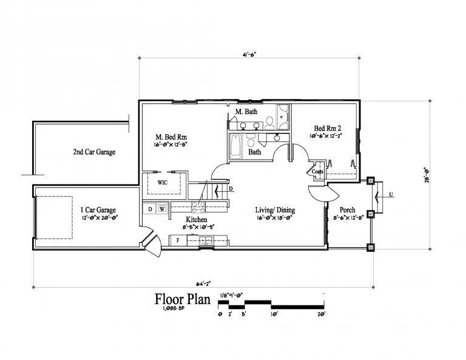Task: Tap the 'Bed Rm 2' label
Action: pyautogui.click(x=327, y=128)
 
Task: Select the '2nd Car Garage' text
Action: pyautogui.click(x=94, y=152)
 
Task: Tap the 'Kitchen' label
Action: pyautogui.click(x=197, y=220)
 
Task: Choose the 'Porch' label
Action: pyautogui.click(x=348, y=210)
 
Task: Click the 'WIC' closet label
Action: pyautogui.click(x=163, y=182)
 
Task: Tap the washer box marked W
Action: pyautogui.click(x=162, y=209)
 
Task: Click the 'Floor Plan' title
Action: pyautogui.click(x=183, y=299)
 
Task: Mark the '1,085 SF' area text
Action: pyautogui.click(x=173, y=310)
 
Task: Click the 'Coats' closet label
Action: pyautogui.click(x=317, y=172)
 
